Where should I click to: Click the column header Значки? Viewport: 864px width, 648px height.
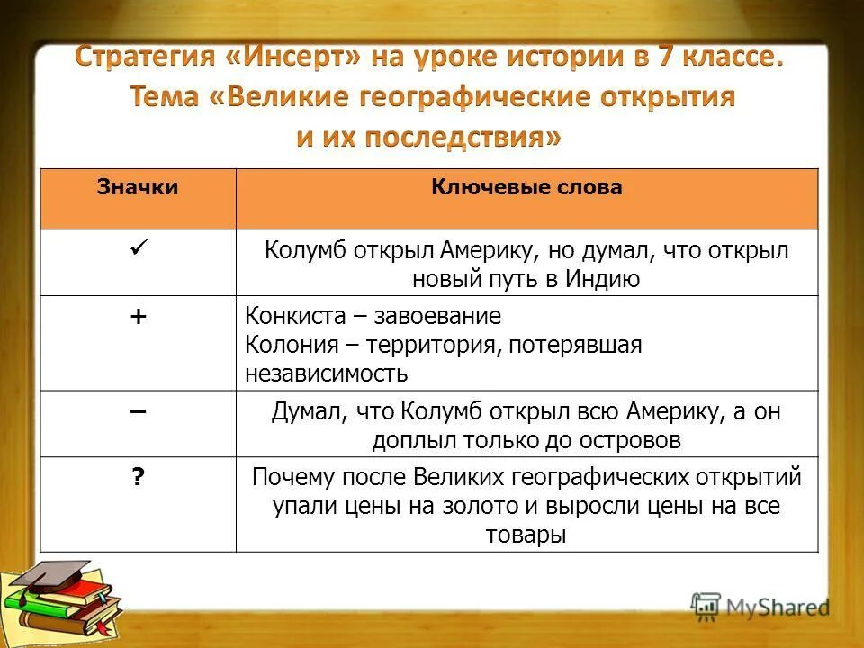(x=138, y=187)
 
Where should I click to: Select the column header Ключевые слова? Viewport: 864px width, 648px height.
(x=526, y=187)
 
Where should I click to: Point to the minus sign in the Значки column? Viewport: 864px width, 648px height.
(x=138, y=409)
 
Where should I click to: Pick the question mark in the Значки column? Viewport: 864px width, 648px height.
(x=138, y=478)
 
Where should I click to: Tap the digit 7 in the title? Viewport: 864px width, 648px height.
(x=664, y=58)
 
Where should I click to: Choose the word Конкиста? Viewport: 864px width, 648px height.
(x=292, y=317)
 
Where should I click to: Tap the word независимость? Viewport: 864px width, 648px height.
(x=326, y=373)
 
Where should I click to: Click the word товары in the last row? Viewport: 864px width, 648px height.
(x=526, y=535)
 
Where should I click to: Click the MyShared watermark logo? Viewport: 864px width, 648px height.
(x=760, y=607)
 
